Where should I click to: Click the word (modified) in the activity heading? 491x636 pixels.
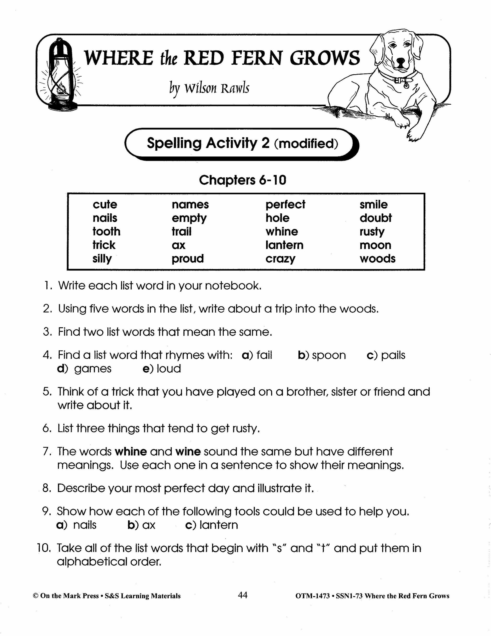(306, 144)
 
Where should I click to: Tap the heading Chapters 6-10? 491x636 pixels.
(243, 180)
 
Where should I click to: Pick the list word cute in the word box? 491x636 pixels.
(105, 204)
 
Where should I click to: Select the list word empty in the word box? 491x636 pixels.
(189, 218)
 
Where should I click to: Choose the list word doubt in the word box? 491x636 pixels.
(375, 218)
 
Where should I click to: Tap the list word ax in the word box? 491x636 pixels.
(178, 245)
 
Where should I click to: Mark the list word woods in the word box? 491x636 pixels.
(377, 258)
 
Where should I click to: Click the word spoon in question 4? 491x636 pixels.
(329, 355)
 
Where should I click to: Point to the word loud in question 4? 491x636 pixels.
(169, 369)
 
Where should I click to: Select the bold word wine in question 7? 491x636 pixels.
(188, 452)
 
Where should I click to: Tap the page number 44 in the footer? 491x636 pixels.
(243, 595)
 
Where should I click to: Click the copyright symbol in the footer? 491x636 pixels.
(36, 596)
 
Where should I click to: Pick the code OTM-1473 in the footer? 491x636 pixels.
(312, 596)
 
